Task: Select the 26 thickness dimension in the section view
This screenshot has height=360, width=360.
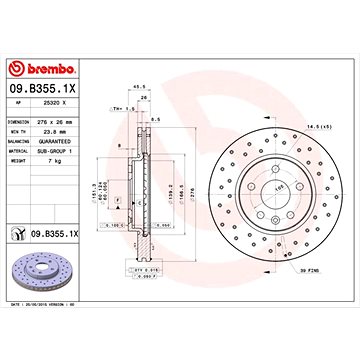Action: [x=144, y=98]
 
